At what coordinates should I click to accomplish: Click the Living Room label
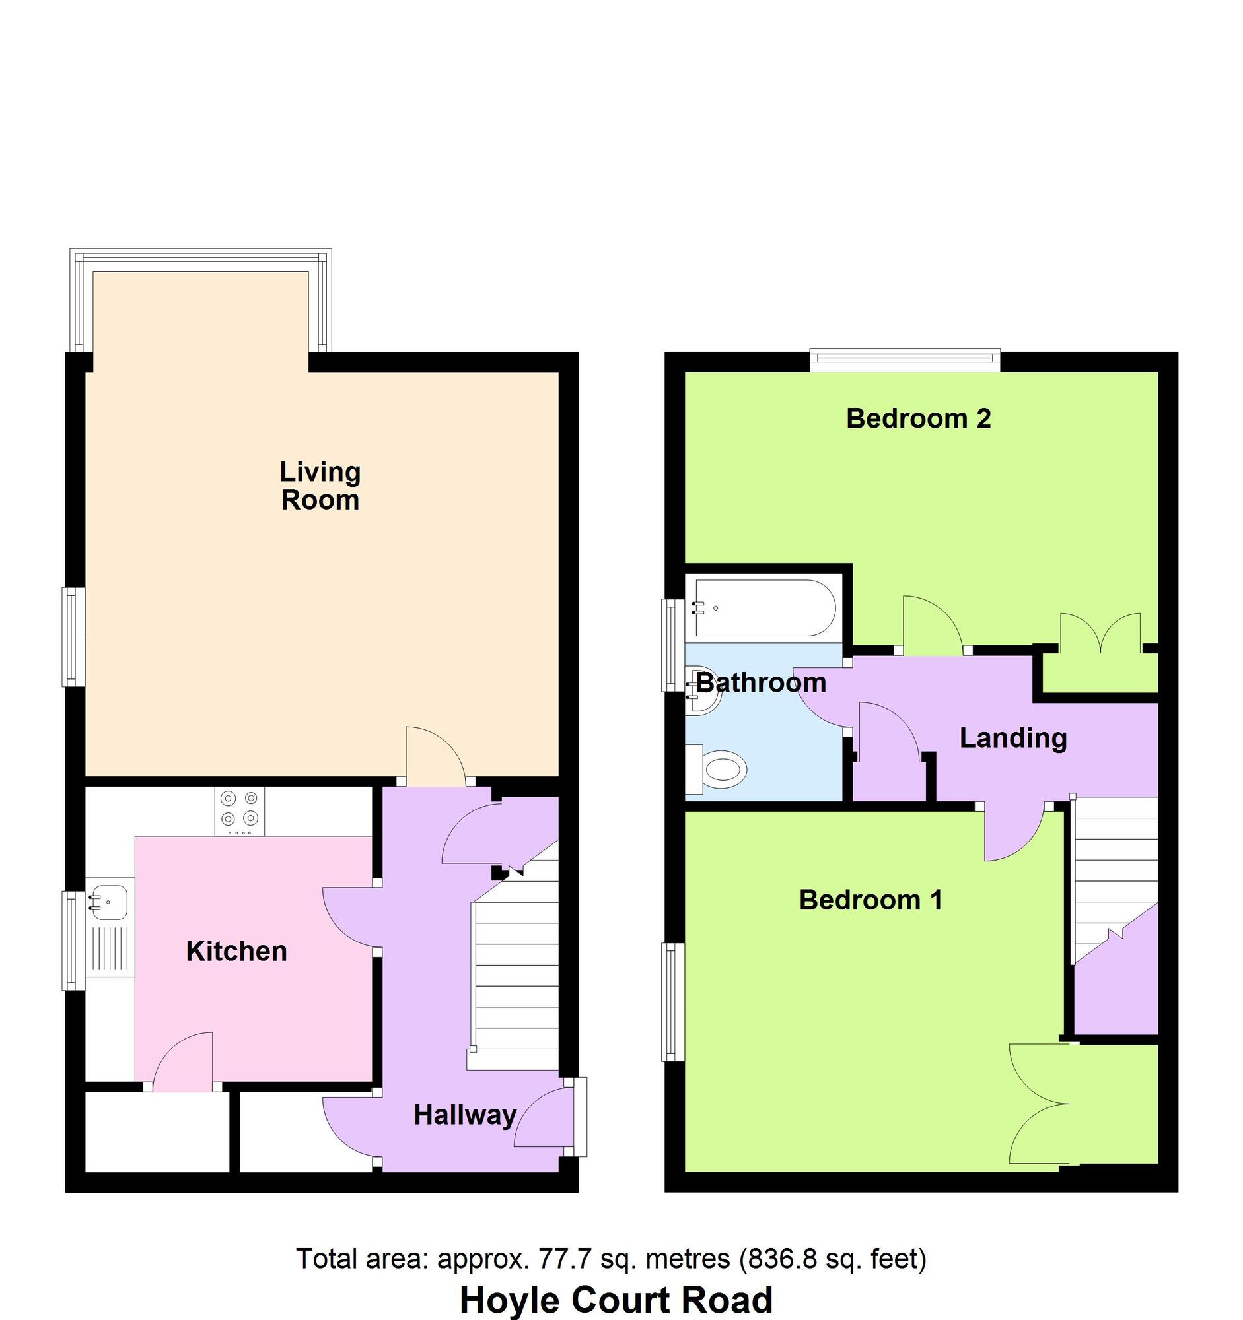(x=320, y=486)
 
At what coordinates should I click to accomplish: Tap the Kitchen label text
(x=236, y=952)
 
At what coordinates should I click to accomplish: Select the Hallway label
(x=465, y=1115)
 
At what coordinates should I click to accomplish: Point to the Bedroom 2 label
(x=918, y=418)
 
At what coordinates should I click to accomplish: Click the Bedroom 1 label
(x=870, y=900)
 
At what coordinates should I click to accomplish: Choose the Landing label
(x=1012, y=738)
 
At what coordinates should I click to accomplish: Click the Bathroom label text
(x=761, y=682)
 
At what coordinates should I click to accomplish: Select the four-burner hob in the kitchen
(x=239, y=810)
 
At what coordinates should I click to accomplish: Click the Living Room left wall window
(x=74, y=636)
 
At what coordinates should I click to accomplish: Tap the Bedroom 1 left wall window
(x=674, y=1002)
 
